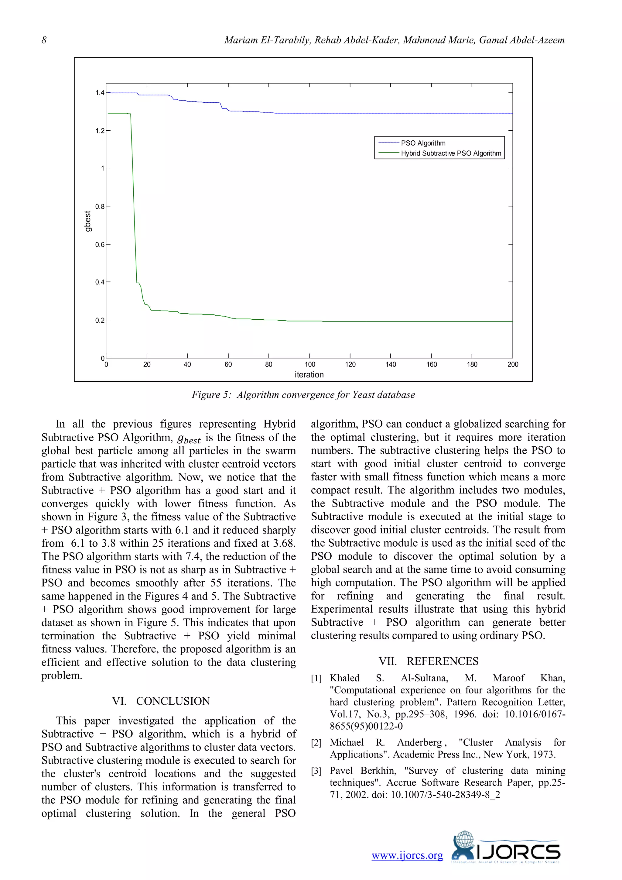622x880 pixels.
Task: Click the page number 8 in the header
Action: point(44,40)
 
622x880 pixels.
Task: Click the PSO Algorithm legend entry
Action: point(423,143)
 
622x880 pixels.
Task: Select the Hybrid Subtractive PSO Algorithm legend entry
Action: point(451,153)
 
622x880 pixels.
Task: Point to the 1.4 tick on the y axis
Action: point(100,93)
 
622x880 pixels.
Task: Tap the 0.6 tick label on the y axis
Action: point(100,245)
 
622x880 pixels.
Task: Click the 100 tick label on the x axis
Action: point(309,365)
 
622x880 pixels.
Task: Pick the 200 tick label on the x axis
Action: point(512,365)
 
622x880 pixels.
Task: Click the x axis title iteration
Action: point(309,374)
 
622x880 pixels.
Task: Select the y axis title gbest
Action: point(88,221)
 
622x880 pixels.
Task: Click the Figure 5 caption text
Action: point(303,395)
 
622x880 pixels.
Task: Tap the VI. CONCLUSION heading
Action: point(161,701)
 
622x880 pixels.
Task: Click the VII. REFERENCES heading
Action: point(428,661)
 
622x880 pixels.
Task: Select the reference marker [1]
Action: point(316,679)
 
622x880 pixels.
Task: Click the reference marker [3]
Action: point(316,771)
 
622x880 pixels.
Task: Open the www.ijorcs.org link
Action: point(407,855)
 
